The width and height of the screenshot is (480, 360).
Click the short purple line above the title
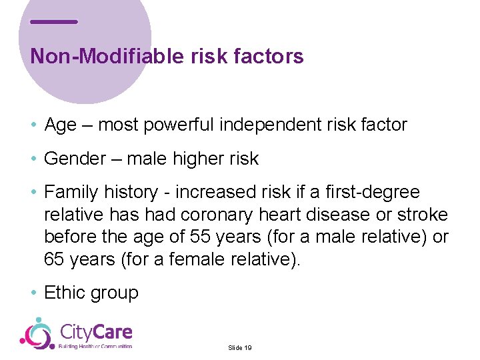(54, 22)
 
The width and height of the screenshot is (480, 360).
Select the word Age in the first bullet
(60, 125)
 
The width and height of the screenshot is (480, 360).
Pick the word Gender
(75, 159)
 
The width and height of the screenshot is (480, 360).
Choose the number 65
(55, 259)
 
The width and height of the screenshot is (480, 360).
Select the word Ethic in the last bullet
(65, 293)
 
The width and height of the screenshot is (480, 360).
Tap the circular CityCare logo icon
(37, 333)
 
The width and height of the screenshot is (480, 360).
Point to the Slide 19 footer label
(239, 348)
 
